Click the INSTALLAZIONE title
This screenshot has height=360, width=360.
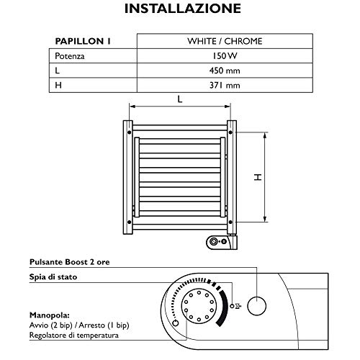(x=180, y=11)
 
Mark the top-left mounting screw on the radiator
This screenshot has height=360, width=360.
(x=128, y=132)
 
